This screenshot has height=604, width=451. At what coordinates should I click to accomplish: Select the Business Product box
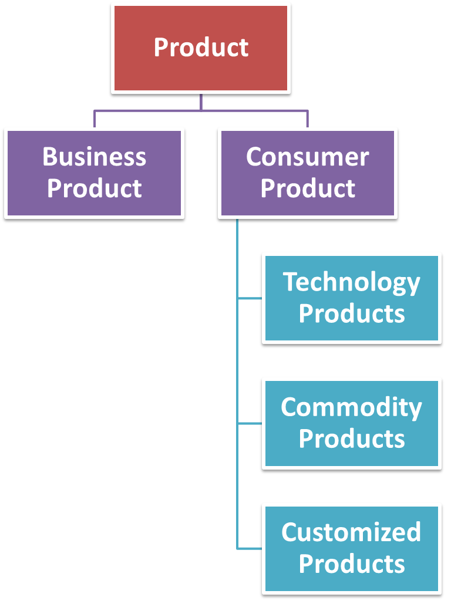pyautogui.click(x=94, y=174)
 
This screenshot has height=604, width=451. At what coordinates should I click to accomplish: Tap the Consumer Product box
pyautogui.click(x=307, y=174)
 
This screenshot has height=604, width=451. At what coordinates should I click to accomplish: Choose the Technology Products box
pyautogui.click(x=351, y=298)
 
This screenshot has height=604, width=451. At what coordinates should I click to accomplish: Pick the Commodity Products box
pyautogui.click(x=351, y=423)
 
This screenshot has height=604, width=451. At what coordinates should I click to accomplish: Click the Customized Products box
pyautogui.click(x=351, y=548)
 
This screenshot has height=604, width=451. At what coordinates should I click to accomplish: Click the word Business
pyautogui.click(x=94, y=157)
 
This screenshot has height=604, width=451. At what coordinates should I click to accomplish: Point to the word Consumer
pyautogui.click(x=307, y=157)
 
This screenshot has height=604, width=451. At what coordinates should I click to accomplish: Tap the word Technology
pyautogui.click(x=351, y=282)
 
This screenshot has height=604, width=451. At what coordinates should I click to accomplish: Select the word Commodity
pyautogui.click(x=351, y=407)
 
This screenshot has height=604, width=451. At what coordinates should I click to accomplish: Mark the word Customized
pyautogui.click(x=351, y=532)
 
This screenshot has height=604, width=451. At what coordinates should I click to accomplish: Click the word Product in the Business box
pyautogui.click(x=94, y=188)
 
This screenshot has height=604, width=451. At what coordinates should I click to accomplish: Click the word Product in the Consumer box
pyautogui.click(x=307, y=188)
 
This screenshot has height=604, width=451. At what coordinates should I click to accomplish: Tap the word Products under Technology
pyautogui.click(x=351, y=313)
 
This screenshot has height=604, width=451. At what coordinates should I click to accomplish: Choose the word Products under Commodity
pyautogui.click(x=351, y=438)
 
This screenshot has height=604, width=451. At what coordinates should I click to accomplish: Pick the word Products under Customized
pyautogui.click(x=351, y=563)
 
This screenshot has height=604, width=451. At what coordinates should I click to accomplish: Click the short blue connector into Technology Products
pyautogui.click(x=250, y=298)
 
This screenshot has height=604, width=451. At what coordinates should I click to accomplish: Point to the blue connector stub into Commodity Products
pyautogui.click(x=250, y=423)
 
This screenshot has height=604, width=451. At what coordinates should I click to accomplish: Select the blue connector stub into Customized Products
pyautogui.click(x=250, y=548)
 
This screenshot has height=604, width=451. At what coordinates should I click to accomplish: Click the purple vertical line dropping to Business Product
pyautogui.click(x=95, y=119)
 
